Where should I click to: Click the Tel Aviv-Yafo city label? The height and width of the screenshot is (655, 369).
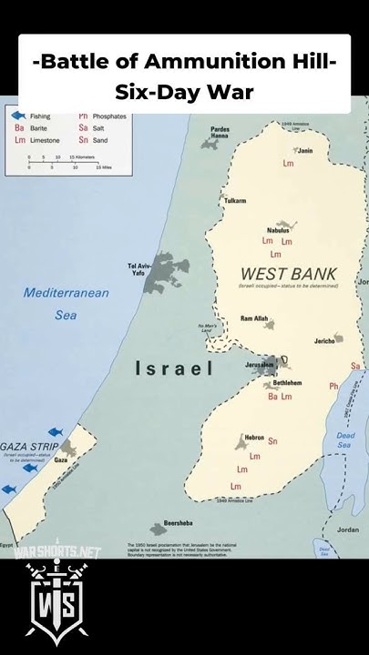pyautogui.click(x=137, y=268)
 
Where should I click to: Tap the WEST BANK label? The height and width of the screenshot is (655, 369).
pyautogui.click(x=288, y=273)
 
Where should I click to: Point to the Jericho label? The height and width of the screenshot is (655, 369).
pyautogui.click(x=325, y=341)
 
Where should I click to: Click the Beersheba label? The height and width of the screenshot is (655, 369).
pyautogui.click(x=179, y=524)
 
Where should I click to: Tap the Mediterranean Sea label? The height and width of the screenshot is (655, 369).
pyautogui.click(x=67, y=304)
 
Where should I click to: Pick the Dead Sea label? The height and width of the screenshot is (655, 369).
pyautogui.click(x=343, y=439)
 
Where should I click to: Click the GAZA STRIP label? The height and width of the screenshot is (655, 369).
pyautogui.click(x=29, y=447)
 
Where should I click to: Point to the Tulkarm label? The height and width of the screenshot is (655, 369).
pyautogui.click(x=235, y=200)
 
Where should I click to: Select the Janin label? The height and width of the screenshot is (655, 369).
pyautogui.click(x=305, y=151)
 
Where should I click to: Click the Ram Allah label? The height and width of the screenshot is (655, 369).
pyautogui.click(x=254, y=318)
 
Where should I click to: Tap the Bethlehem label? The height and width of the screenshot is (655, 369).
pyautogui.click(x=294, y=382)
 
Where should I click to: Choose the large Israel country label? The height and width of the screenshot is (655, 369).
pyautogui.click(x=174, y=368)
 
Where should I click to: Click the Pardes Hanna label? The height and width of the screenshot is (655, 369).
pyautogui.click(x=220, y=133)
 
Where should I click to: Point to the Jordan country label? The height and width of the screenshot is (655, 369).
pyautogui.click(x=347, y=529)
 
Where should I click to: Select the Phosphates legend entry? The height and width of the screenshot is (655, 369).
pyautogui.click(x=102, y=116)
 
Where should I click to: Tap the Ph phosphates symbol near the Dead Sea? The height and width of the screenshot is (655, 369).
pyautogui.click(x=333, y=387)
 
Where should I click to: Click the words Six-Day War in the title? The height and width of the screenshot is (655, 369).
pyautogui.click(x=184, y=92)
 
